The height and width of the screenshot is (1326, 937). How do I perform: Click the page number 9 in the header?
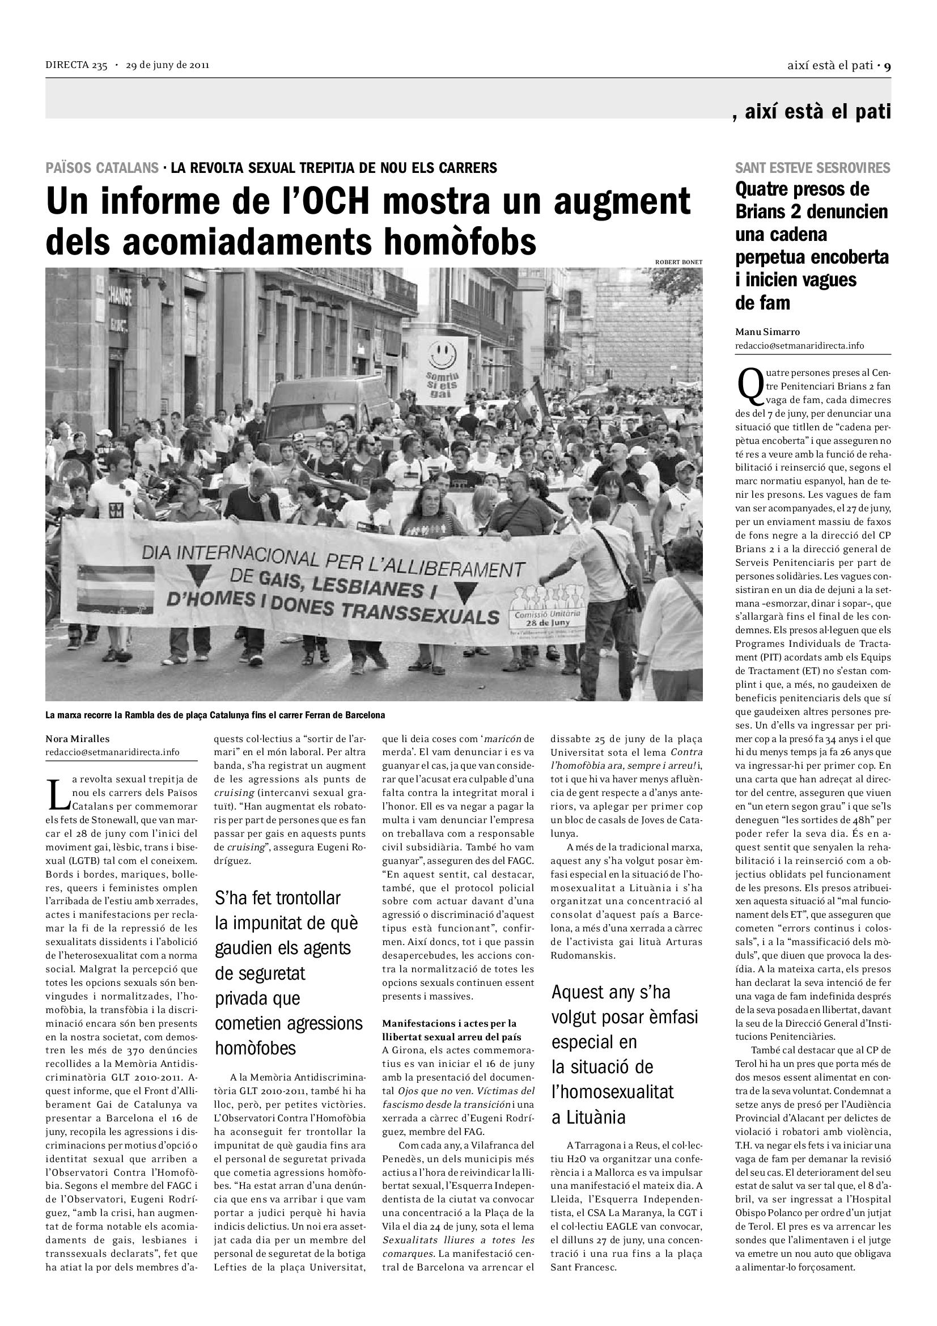click(887, 66)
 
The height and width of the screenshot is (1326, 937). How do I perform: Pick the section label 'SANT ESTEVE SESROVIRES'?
click(812, 168)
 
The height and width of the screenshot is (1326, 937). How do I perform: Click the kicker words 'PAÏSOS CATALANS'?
click(102, 168)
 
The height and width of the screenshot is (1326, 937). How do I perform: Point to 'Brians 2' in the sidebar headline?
click(769, 212)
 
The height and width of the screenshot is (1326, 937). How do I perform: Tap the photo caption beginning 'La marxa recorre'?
click(215, 715)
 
